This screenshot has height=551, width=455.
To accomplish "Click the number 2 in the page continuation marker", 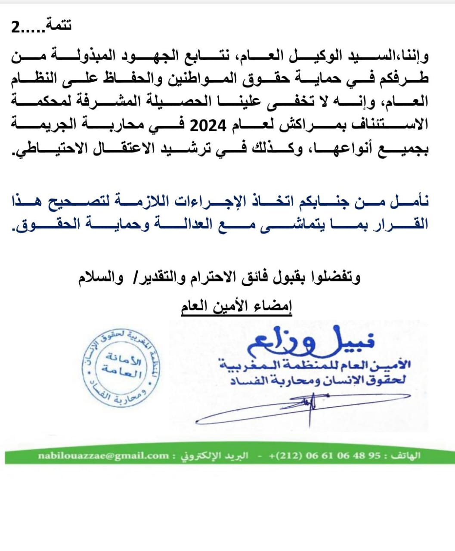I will [x=15, y=28].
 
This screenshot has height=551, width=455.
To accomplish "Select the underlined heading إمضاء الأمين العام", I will [x=236, y=307].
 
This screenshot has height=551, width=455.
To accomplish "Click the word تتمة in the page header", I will [x=59, y=25].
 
